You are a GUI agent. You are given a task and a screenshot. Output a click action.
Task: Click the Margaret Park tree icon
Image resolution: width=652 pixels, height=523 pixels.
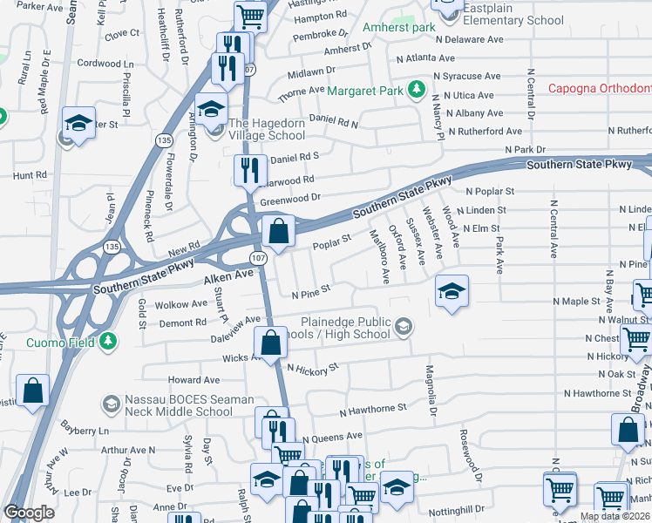tap(417, 90)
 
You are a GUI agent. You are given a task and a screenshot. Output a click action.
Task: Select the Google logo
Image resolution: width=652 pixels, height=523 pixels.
tap(29, 513)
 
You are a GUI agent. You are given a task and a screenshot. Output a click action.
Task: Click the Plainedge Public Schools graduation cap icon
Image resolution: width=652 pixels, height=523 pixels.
tap(403, 328)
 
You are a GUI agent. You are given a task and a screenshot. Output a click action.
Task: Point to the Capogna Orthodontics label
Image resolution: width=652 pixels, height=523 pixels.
tap(600, 89)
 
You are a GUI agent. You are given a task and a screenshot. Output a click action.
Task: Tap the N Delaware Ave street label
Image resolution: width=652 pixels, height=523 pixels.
tap(471, 39)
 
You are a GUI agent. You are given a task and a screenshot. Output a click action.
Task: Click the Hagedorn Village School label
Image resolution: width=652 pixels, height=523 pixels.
tap(267, 130)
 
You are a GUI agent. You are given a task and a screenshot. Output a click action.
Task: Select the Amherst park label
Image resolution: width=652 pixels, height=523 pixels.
tap(398, 28)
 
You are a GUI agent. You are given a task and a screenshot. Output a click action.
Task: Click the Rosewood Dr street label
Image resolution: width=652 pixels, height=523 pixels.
tap(471, 455)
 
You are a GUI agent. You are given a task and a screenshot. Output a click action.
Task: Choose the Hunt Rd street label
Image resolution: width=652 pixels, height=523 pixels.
tap(30, 175)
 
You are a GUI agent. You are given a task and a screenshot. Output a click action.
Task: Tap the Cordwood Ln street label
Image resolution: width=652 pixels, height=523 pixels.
tap(105, 64)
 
